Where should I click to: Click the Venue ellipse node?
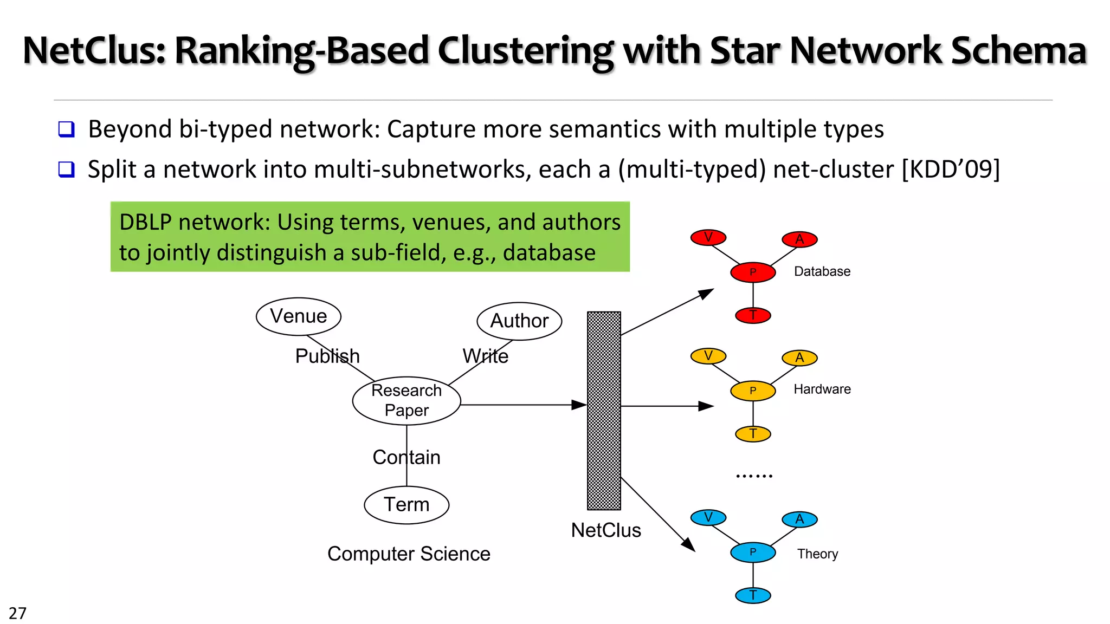point(298,316)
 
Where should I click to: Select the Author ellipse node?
point(519,321)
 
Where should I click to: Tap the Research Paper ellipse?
point(406,401)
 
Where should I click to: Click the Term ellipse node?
point(406,505)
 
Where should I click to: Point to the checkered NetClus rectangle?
point(604,411)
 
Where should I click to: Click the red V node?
point(708,237)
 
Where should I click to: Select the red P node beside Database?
point(753,272)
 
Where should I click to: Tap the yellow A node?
point(799,357)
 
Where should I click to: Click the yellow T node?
point(753,434)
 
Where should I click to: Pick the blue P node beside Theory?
point(753,552)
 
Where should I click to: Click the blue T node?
point(753,595)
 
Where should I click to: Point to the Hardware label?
point(822,389)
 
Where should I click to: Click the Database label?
point(822,271)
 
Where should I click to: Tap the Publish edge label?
point(327,356)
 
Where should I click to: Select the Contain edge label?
point(406,458)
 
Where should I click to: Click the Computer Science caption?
point(409,554)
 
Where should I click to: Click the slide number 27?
point(17,613)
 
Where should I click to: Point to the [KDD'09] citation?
point(950,170)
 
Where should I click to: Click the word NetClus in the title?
point(93,50)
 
